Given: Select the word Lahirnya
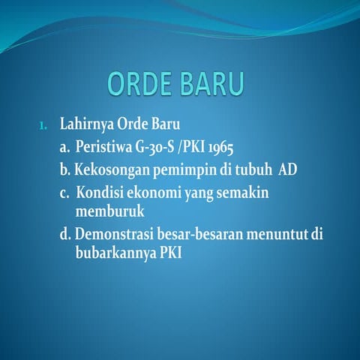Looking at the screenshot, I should pyautogui.click(x=85, y=123).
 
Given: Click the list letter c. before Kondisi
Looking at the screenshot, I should pyautogui.click(x=66, y=193).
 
